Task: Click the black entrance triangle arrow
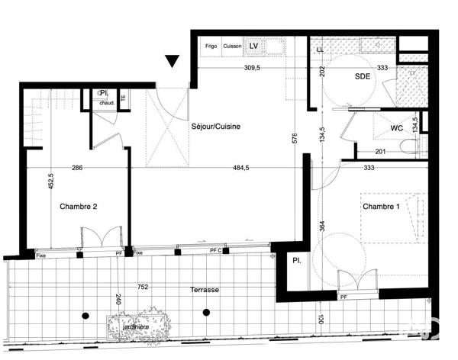[173, 61]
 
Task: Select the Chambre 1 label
[382, 207]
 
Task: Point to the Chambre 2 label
[79, 206]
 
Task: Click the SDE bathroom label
[363, 77]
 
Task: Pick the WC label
[396, 128]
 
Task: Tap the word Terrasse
[205, 291]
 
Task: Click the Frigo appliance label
[211, 47]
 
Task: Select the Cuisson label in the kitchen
[233, 47]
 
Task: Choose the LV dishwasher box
[254, 47]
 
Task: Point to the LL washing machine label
[319, 50]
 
